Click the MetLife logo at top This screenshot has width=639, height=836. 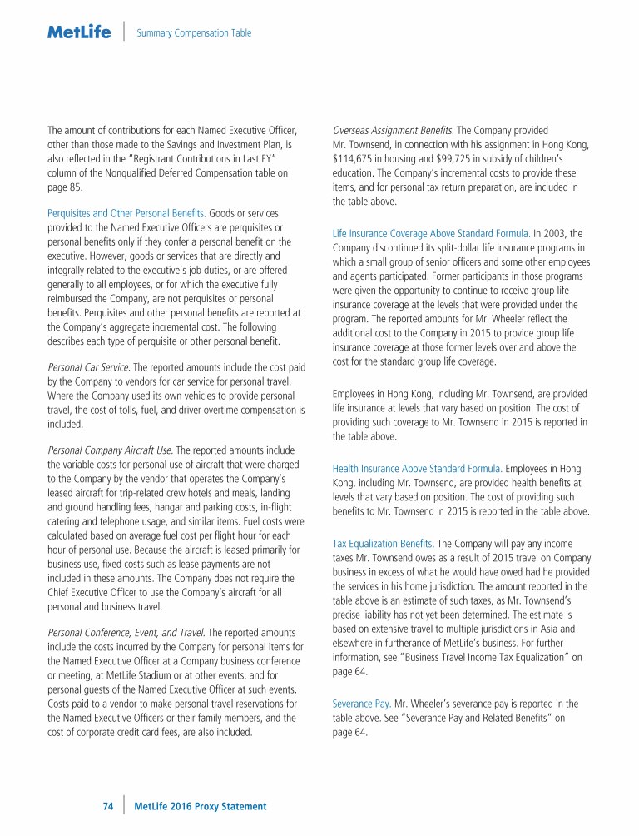click(x=79, y=32)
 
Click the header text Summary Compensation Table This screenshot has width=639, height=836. click(x=194, y=33)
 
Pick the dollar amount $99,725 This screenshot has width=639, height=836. click(x=469, y=158)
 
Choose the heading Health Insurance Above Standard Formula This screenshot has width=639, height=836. click(x=416, y=469)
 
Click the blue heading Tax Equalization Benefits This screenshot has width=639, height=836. click(x=384, y=544)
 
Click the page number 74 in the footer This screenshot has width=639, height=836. click(x=107, y=806)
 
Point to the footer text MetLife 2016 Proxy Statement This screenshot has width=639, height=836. click(x=200, y=806)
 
